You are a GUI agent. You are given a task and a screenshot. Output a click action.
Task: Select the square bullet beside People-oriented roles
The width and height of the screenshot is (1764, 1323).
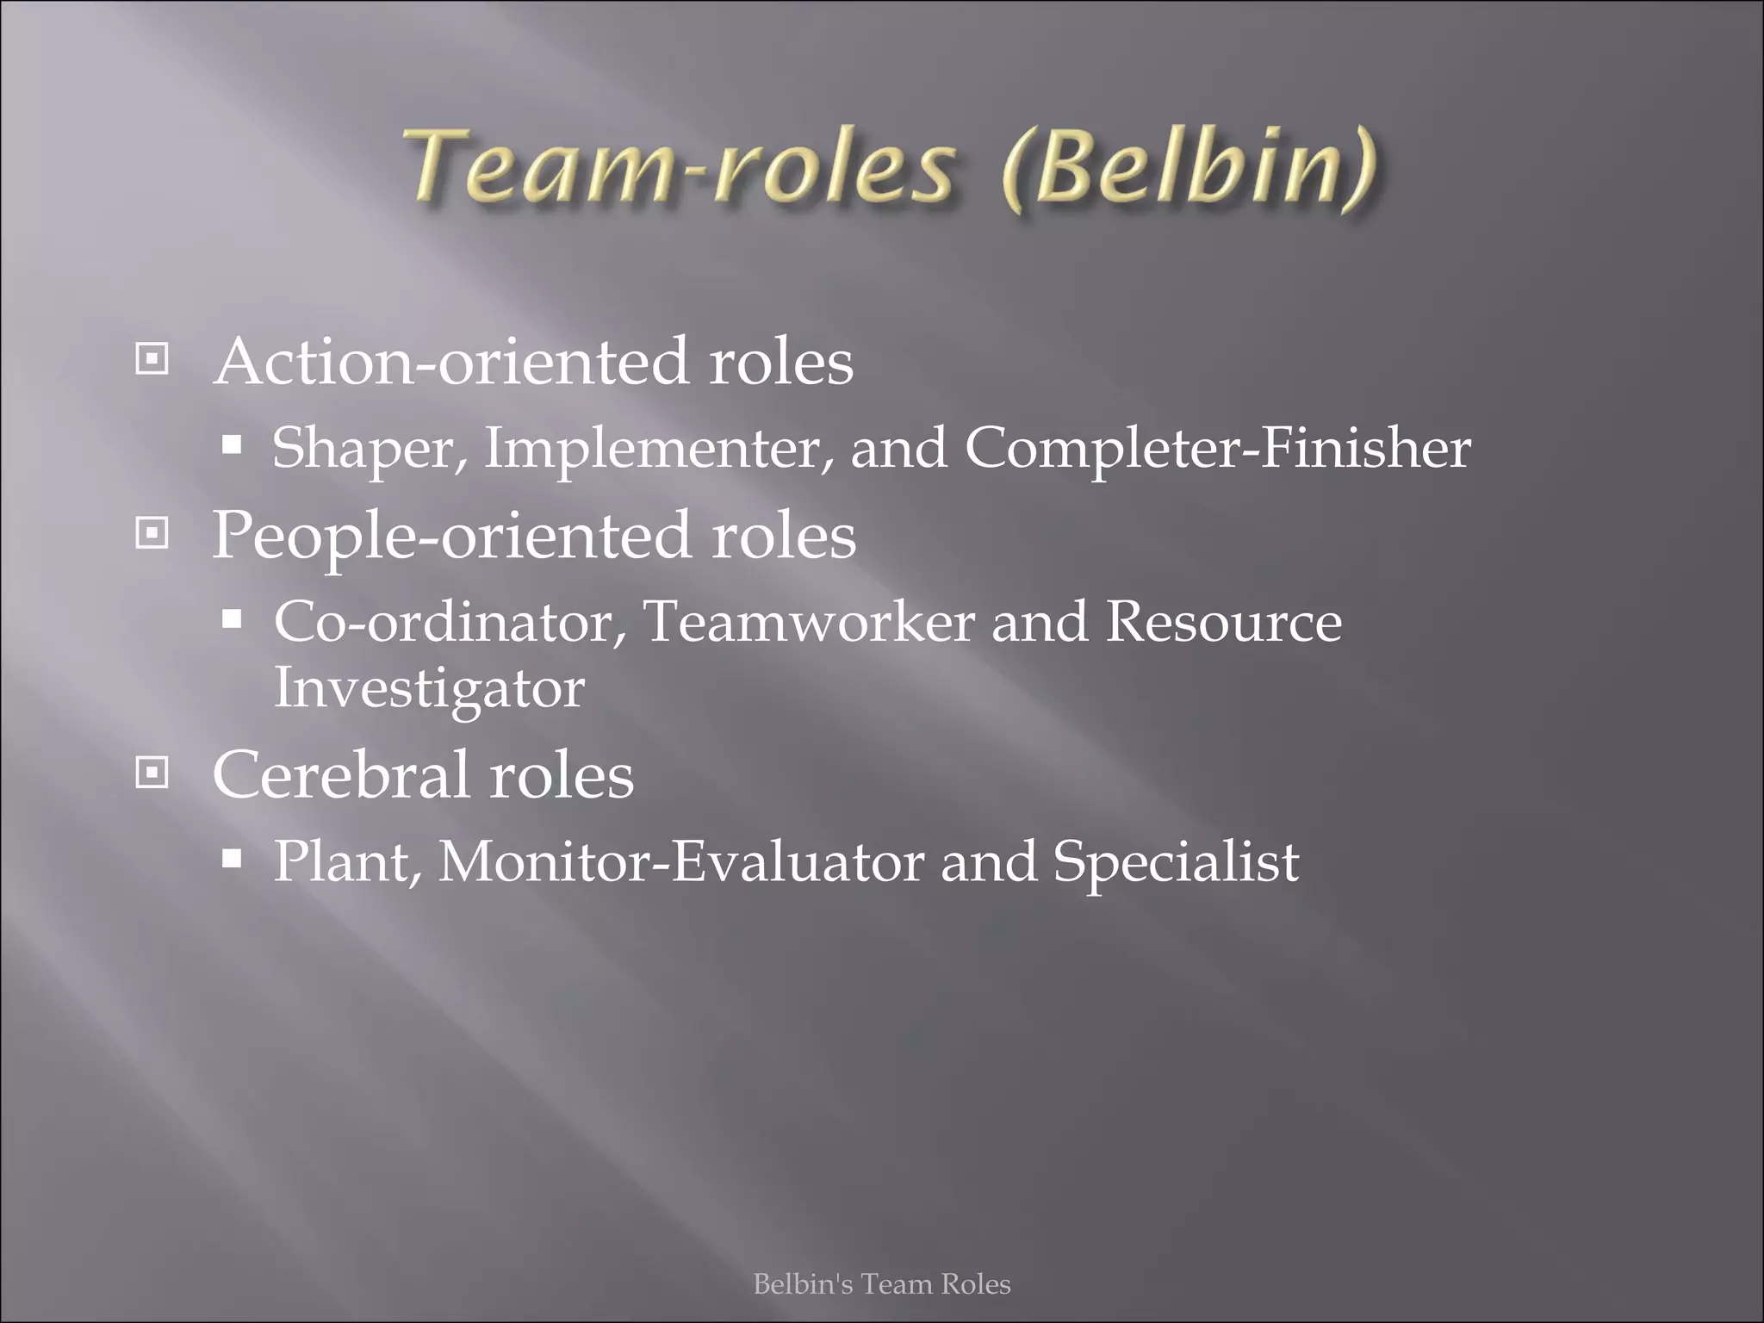(152, 534)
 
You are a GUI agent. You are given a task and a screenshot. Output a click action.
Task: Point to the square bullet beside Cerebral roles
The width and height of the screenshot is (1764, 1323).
(152, 773)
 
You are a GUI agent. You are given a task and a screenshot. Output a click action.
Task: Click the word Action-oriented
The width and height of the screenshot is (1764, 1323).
(452, 362)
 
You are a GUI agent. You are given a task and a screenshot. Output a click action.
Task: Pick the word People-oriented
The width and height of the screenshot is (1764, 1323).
(452, 537)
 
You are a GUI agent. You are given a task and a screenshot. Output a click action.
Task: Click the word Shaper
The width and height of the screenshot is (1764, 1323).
(369, 449)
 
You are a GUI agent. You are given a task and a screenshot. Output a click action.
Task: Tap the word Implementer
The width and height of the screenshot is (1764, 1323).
(658, 449)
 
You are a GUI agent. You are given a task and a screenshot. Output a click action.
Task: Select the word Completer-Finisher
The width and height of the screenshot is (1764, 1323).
(1217, 449)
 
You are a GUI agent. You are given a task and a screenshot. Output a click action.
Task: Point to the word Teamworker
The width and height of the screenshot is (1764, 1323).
(809, 621)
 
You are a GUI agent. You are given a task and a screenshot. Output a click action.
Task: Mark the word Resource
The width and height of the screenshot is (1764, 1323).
(1223, 621)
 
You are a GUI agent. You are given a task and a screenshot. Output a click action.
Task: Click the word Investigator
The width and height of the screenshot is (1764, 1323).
(429, 689)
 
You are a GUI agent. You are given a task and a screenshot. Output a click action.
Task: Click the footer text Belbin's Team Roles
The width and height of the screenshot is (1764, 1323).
(882, 1284)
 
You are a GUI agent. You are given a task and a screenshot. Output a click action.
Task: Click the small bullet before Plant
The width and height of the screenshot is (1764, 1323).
(232, 858)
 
